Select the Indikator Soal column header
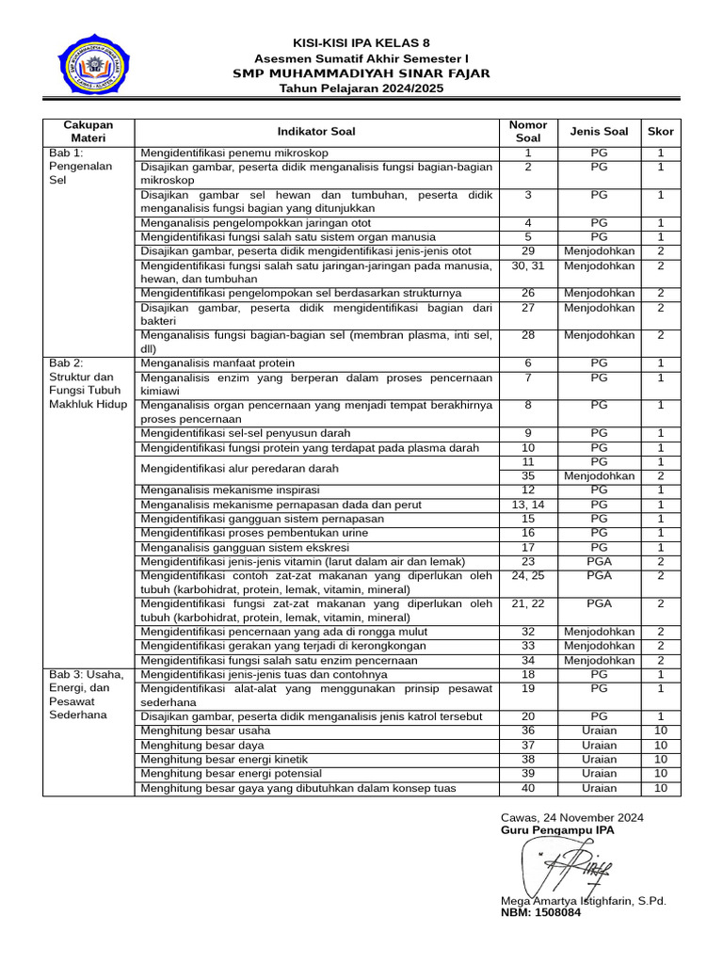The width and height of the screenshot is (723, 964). [x=316, y=132]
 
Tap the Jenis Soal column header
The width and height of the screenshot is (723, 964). [x=599, y=132]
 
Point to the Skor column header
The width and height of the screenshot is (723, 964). [x=660, y=132]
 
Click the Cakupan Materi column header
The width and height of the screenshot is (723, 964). [x=88, y=132]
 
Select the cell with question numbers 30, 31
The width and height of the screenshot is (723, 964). [x=527, y=265]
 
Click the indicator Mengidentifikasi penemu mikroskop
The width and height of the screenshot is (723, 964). [x=234, y=153]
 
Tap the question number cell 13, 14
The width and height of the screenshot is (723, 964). [x=527, y=505]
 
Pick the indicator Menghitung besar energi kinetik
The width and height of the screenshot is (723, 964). [x=224, y=759]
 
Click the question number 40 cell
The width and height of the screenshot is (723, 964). [x=527, y=788]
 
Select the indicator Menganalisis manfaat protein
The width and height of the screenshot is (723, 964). [x=217, y=362]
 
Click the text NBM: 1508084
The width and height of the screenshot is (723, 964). [x=540, y=913]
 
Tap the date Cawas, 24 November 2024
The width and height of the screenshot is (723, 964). [x=572, y=817]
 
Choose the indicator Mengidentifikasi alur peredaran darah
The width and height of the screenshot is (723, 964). [x=239, y=469]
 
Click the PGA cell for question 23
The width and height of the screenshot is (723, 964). [x=599, y=561]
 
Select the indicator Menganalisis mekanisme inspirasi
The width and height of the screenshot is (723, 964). [x=230, y=490]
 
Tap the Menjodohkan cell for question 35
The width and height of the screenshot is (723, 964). [x=599, y=476]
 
